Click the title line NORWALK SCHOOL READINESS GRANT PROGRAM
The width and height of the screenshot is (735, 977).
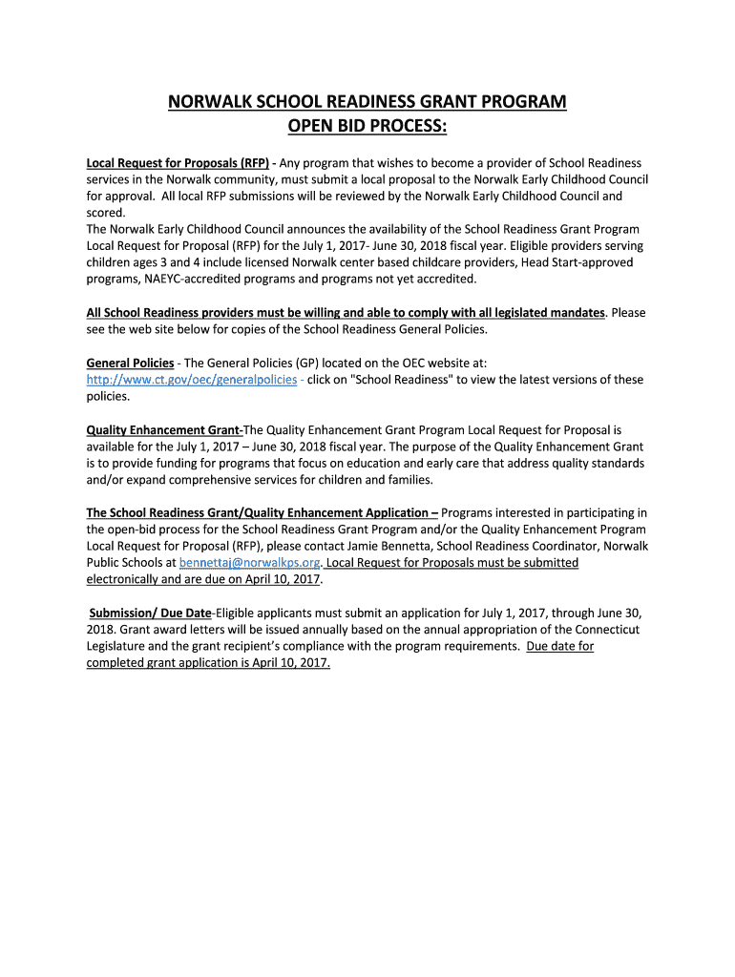(367, 102)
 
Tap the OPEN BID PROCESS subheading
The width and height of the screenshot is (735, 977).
(367, 127)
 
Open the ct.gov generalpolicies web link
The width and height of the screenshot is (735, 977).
(192, 379)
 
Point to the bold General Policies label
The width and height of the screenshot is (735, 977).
(130, 363)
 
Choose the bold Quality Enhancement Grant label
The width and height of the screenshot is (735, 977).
(163, 430)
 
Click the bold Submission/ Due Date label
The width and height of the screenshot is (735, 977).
(151, 613)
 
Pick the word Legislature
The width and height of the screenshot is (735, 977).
(119, 646)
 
